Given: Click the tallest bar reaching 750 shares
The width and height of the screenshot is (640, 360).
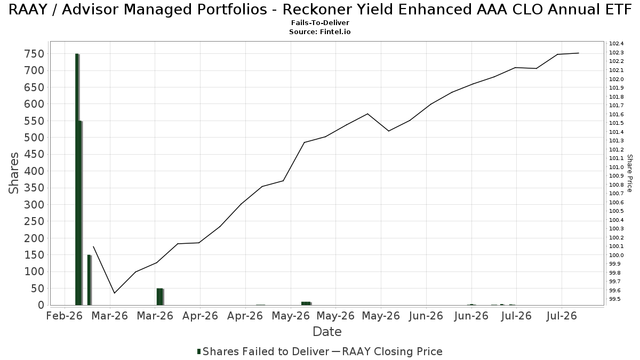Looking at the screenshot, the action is [77, 179].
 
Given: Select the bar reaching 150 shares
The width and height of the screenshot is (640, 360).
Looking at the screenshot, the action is [89, 280].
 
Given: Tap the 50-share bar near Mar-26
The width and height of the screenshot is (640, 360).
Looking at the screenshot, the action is [159, 297].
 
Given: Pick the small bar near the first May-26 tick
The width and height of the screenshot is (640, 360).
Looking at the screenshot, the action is [306, 303].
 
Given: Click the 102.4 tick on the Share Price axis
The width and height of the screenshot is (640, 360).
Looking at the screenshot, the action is [617, 43].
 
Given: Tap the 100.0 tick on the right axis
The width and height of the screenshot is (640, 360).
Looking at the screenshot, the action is [617, 255].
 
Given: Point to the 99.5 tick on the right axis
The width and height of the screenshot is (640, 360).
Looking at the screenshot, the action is [615, 299].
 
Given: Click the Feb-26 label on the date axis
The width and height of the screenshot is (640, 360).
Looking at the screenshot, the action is [65, 316].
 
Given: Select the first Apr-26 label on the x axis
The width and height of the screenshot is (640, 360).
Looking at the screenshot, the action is [200, 316].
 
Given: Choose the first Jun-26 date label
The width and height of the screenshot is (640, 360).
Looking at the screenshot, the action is [426, 316].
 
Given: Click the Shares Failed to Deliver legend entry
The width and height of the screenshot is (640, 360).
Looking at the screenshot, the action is [263, 351].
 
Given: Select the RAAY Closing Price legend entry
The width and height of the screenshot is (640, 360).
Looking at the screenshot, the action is [387, 351].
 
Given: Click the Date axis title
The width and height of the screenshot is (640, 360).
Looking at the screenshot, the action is [327, 332].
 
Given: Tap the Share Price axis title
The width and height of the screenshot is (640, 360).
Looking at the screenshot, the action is [629, 173].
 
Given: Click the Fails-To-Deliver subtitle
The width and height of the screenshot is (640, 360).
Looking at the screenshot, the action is [320, 22].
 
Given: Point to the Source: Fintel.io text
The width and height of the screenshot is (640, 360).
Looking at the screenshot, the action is [320, 31].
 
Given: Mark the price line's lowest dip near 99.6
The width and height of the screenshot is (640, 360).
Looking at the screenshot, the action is [114, 293].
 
